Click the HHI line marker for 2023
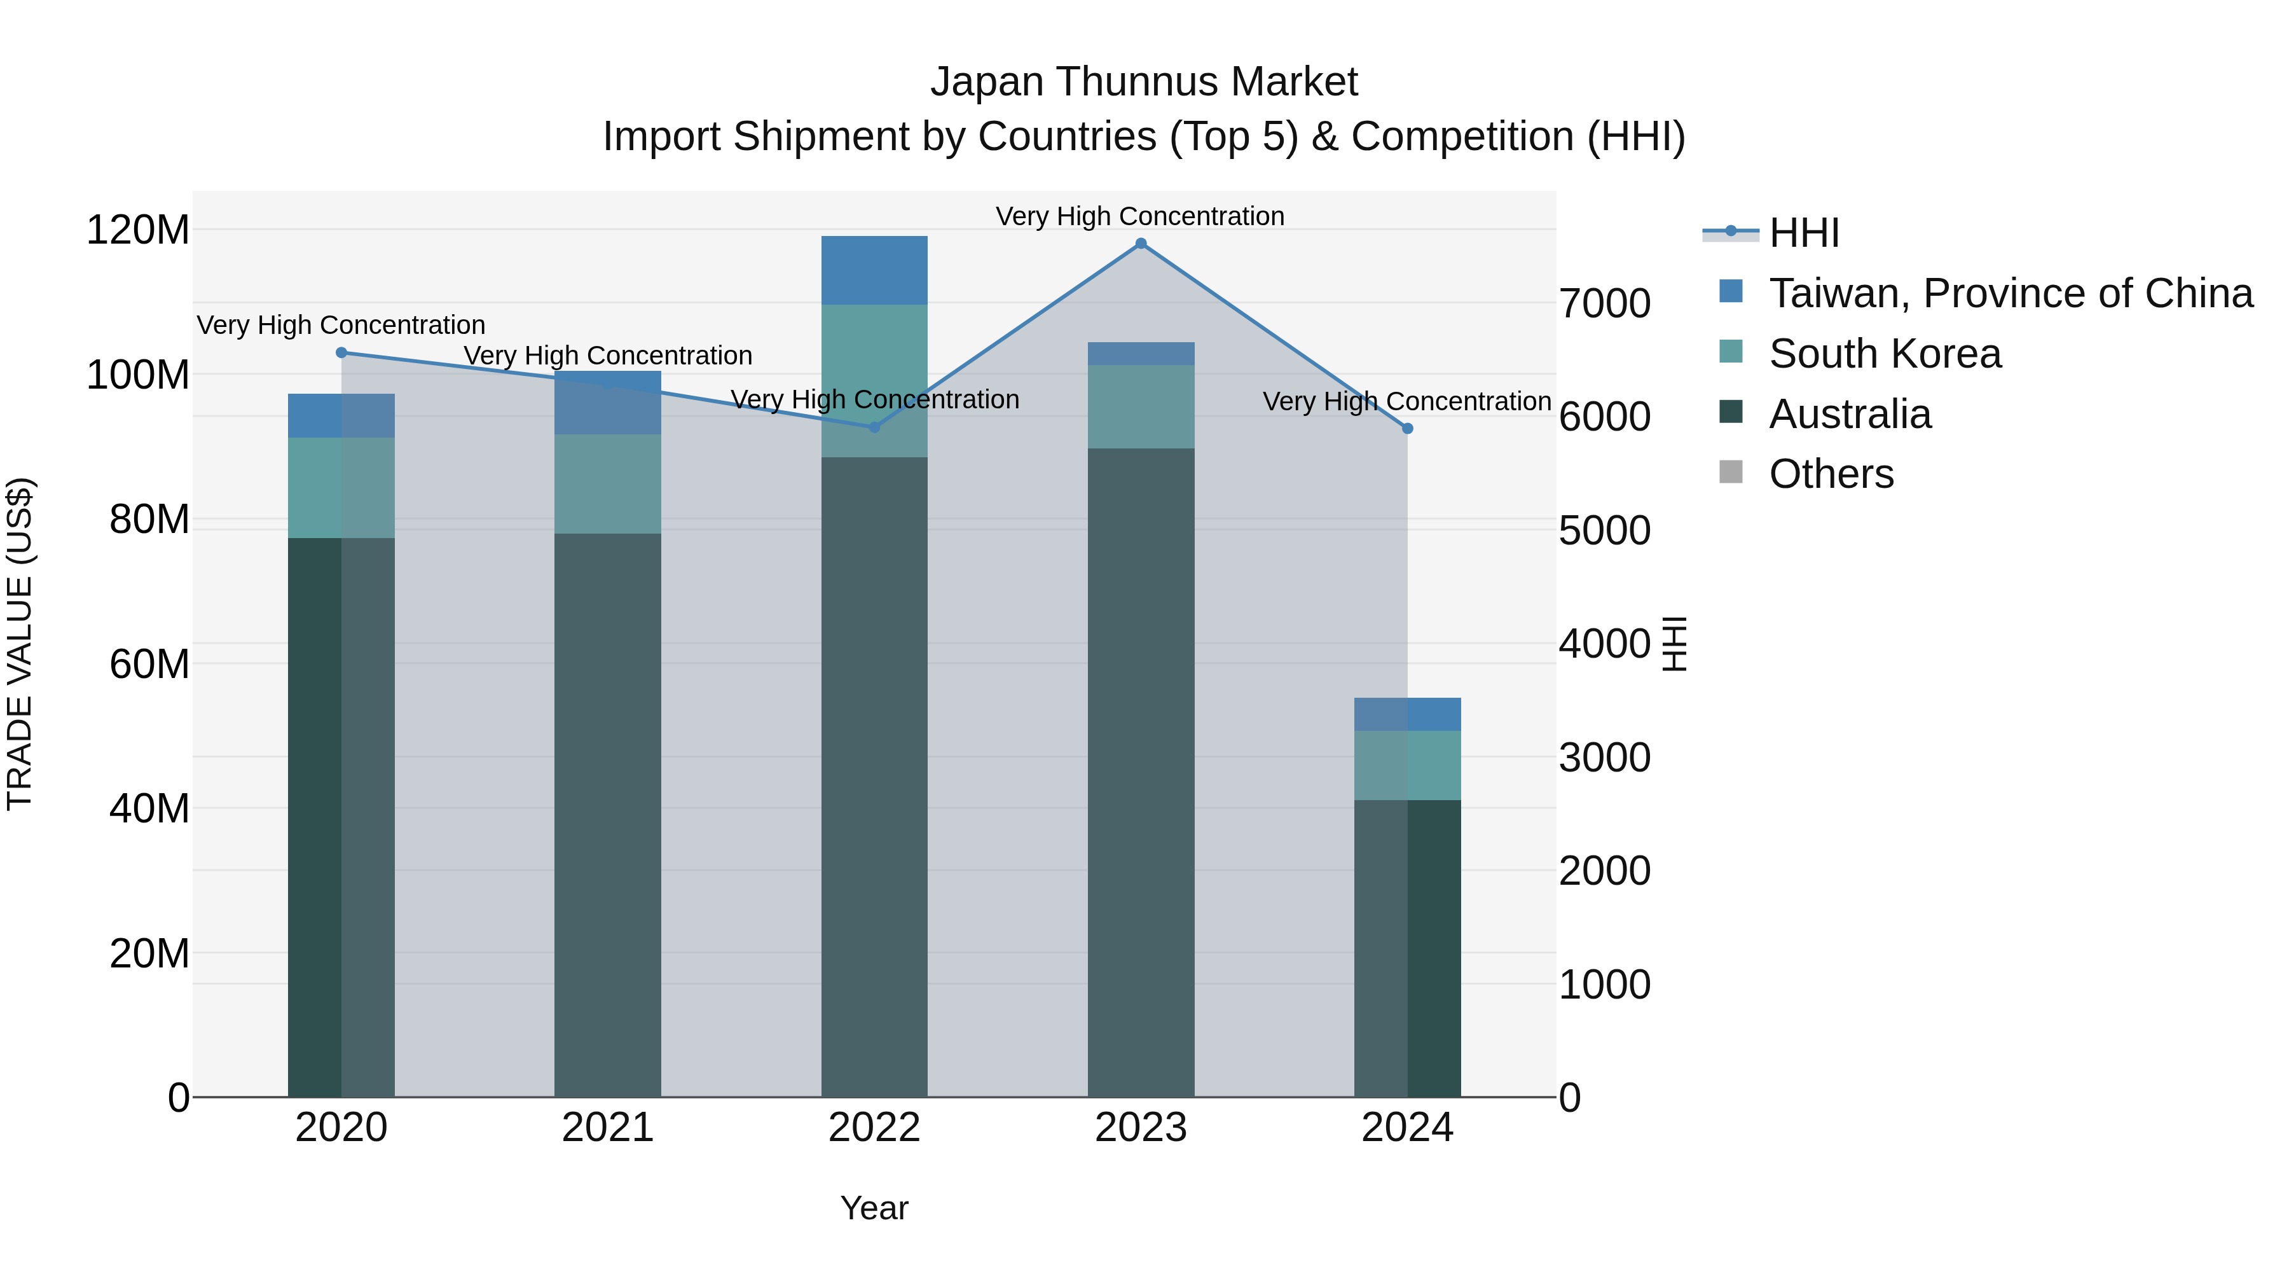(1141, 244)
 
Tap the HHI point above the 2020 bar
(341, 353)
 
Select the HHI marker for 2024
(1408, 429)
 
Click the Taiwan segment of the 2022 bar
(874, 270)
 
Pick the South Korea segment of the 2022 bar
(874, 380)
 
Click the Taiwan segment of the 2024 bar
(1408, 715)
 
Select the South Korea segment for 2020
(341, 487)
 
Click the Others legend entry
(1831, 474)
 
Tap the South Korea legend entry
(1884, 354)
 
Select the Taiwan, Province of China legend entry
(2010, 293)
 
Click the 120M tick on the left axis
(138, 230)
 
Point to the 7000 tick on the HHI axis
(1605, 303)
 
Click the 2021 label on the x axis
(608, 1128)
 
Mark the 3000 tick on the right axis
(1605, 758)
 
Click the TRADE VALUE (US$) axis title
(20, 644)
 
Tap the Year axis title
(874, 1208)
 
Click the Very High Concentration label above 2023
(1140, 216)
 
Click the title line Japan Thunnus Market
(1144, 82)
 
